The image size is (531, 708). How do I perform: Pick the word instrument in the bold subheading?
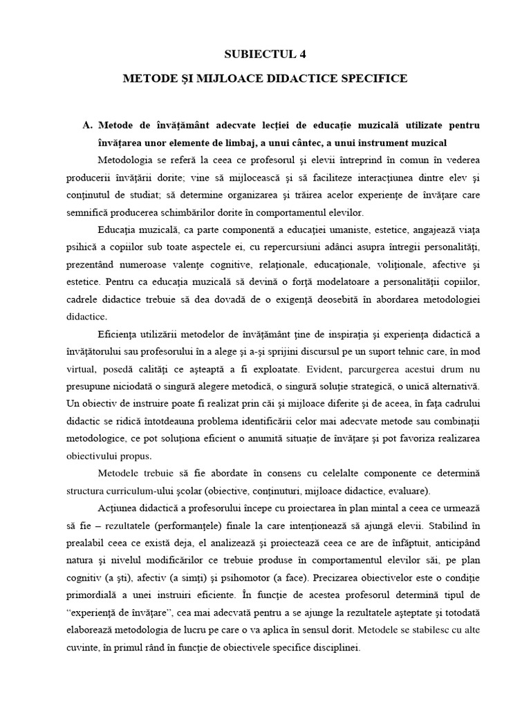398,142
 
